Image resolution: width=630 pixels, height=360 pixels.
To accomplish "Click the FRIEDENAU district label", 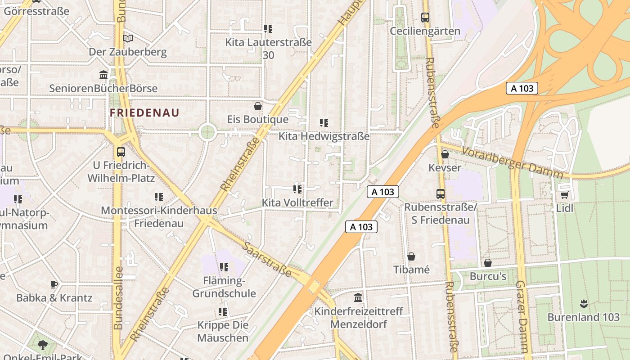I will [x=144, y=112].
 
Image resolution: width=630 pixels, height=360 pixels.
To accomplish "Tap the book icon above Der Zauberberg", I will [x=128, y=38].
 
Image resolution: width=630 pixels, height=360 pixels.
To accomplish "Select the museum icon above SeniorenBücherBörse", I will [x=103, y=75].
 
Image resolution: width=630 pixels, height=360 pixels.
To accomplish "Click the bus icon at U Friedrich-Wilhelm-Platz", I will [x=121, y=152].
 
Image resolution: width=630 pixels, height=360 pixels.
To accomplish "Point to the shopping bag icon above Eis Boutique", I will [x=258, y=106].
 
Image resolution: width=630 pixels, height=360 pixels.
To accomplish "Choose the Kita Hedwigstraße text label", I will [x=324, y=136].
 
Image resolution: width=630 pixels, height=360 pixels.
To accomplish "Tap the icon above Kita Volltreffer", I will [x=297, y=189].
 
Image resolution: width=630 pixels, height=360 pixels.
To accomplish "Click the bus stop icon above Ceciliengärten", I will [x=425, y=18].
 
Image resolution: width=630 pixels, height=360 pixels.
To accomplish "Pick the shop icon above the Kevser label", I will [x=445, y=154].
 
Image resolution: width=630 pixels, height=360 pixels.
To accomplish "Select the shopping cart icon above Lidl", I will [x=564, y=195].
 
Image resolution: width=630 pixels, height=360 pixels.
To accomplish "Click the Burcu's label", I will [x=488, y=276].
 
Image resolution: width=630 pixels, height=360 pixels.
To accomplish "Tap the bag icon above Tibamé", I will [x=411, y=256].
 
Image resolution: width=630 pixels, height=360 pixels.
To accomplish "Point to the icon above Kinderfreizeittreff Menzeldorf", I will [x=358, y=297].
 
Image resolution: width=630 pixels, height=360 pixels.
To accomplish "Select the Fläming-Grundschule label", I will [x=224, y=287].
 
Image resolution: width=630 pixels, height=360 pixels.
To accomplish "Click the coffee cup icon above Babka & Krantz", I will [x=54, y=284].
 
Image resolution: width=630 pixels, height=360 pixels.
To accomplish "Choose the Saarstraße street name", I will [x=267, y=259].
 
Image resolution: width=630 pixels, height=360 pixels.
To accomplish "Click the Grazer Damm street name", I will [x=522, y=317].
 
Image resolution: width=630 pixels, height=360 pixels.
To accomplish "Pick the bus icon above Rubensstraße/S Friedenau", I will [x=441, y=194].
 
